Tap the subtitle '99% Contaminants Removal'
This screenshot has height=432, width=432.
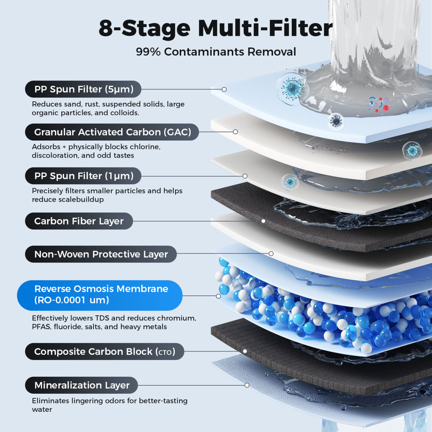[x=216, y=52]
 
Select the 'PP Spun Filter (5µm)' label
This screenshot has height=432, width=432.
[x=83, y=89]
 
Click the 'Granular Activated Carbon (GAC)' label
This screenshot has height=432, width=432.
[x=112, y=132]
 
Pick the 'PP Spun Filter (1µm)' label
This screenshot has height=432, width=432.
[x=83, y=176]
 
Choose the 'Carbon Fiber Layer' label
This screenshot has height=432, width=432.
[x=79, y=221]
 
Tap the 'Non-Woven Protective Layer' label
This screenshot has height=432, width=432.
[x=101, y=254]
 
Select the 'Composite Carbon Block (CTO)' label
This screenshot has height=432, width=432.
[x=104, y=351]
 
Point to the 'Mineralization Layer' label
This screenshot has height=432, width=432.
[x=82, y=385]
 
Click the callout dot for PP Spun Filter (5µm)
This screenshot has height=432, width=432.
[x=224, y=89]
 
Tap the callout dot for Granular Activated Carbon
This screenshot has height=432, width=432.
[x=235, y=132]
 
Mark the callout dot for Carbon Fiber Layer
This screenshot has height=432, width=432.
[x=263, y=221]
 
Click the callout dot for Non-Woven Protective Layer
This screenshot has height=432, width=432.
[x=271, y=254]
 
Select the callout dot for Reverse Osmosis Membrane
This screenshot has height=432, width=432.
[x=219, y=296]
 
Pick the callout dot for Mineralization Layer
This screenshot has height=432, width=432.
[x=247, y=385]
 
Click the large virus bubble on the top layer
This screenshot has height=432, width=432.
[x=292, y=88]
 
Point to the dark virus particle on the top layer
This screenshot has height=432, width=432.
[x=336, y=121]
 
